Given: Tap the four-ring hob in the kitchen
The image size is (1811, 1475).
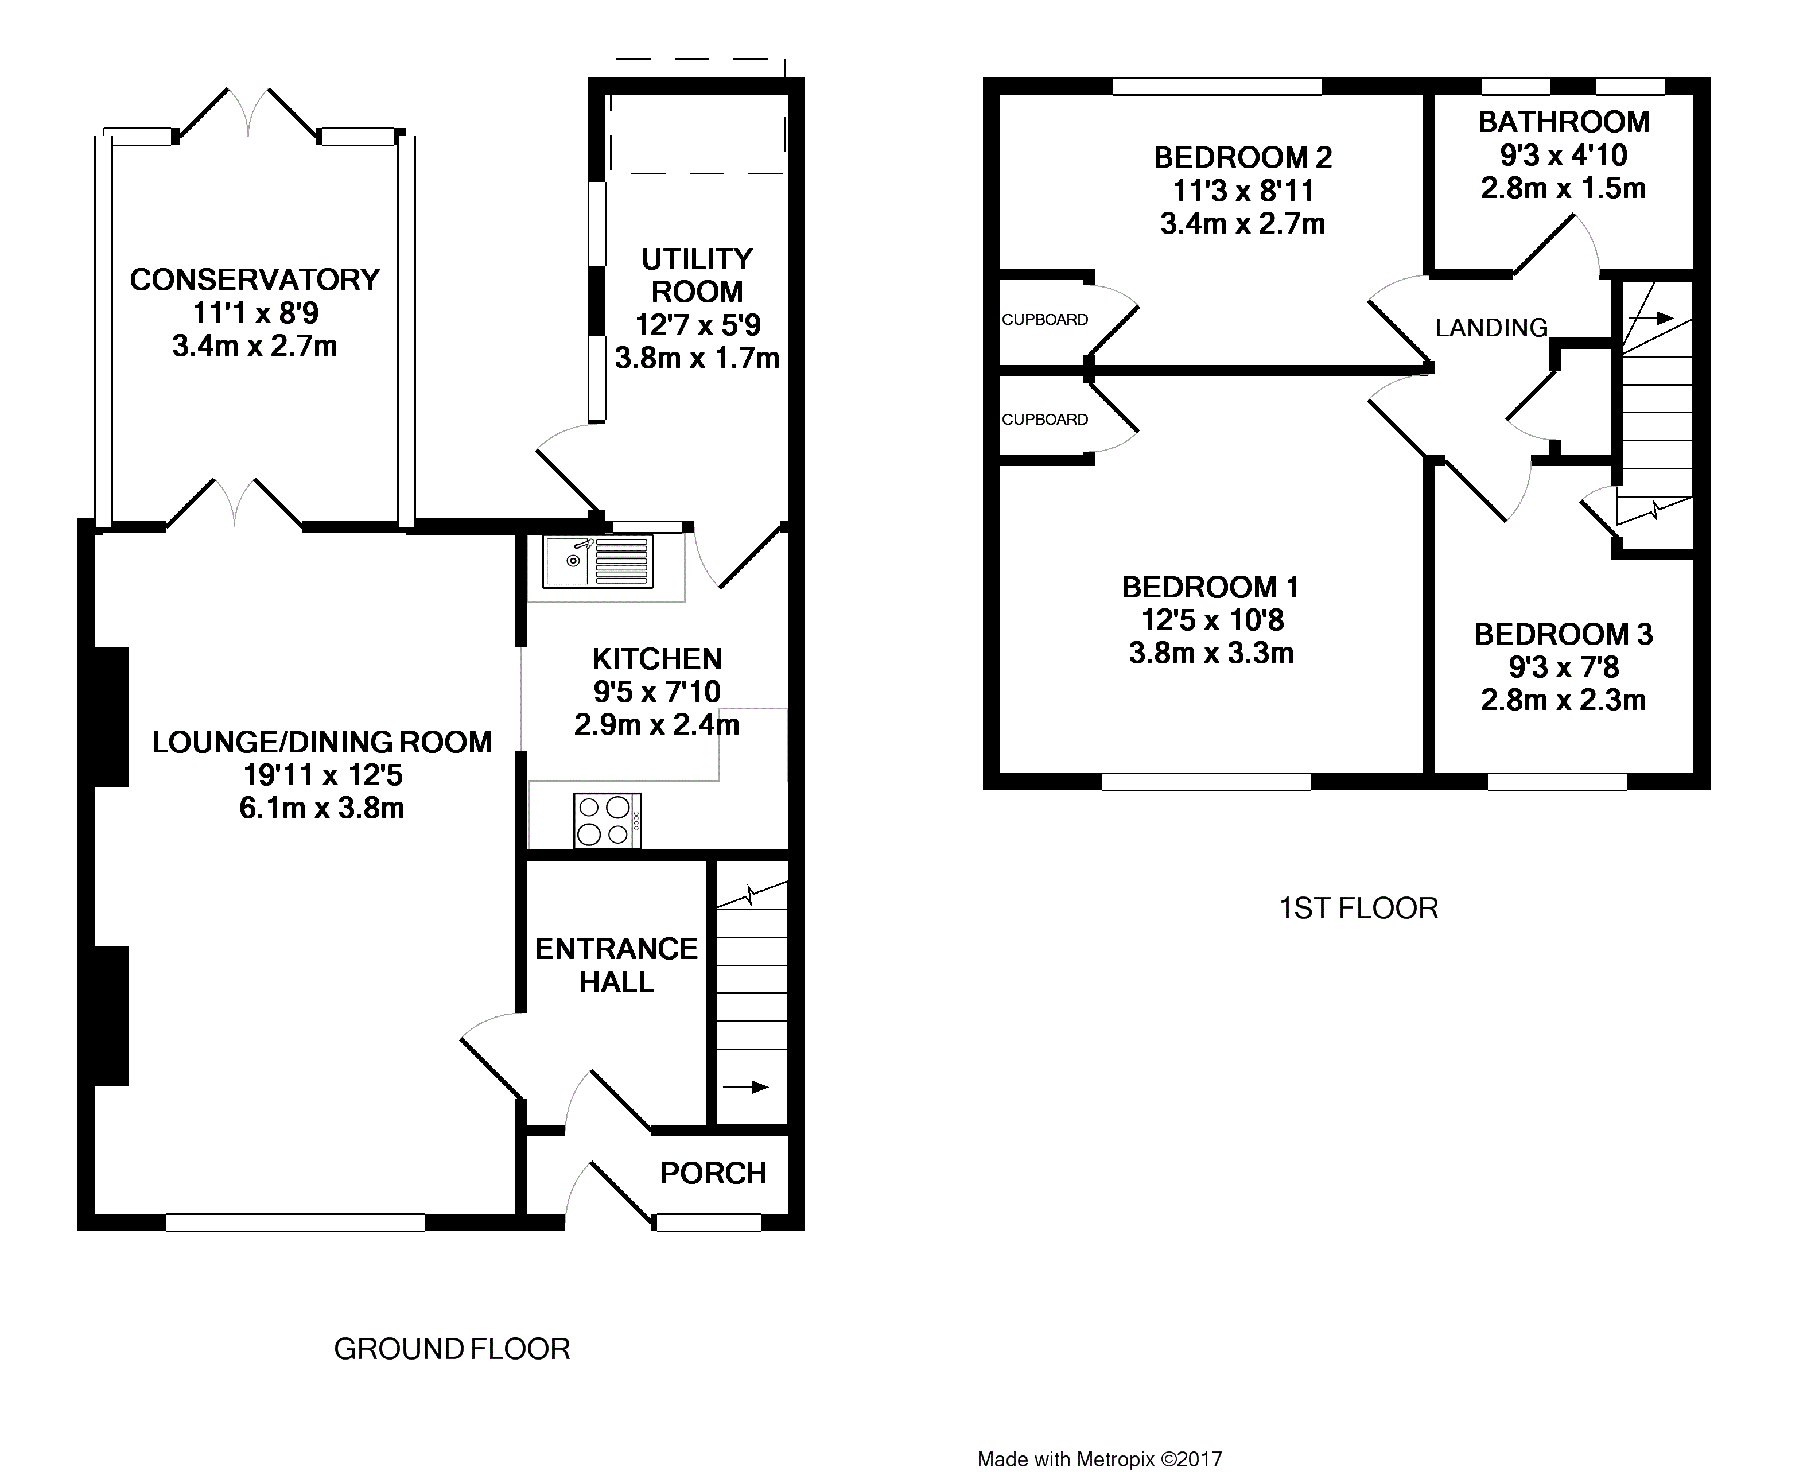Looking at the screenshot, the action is tap(607, 820).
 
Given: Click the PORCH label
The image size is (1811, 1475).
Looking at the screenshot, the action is tap(713, 1173).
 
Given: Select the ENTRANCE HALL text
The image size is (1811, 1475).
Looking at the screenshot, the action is tap(617, 965).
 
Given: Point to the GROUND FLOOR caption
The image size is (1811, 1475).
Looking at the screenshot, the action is tap(452, 1348).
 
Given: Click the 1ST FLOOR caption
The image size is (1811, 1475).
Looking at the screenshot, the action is tap(1358, 909).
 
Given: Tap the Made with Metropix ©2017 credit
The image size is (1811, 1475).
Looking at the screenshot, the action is tap(1099, 1460).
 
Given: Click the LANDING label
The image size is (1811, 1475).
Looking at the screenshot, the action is tap(1491, 328).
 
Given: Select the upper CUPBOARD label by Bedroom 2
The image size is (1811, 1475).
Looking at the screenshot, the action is tap(1045, 320).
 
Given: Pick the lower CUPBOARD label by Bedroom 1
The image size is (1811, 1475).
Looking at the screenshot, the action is tap(1045, 419).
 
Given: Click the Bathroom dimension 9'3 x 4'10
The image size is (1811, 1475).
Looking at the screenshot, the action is tap(1564, 156).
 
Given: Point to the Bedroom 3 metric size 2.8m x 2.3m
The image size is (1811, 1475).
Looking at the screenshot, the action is tap(1564, 700).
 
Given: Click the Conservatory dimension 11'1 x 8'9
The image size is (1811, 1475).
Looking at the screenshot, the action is tap(255, 313).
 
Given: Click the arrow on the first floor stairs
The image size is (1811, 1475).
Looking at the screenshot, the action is tap(1650, 319).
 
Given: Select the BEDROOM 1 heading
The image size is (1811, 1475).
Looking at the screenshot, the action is tap(1210, 587).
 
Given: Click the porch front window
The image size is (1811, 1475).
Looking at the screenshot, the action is tap(708, 1222).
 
